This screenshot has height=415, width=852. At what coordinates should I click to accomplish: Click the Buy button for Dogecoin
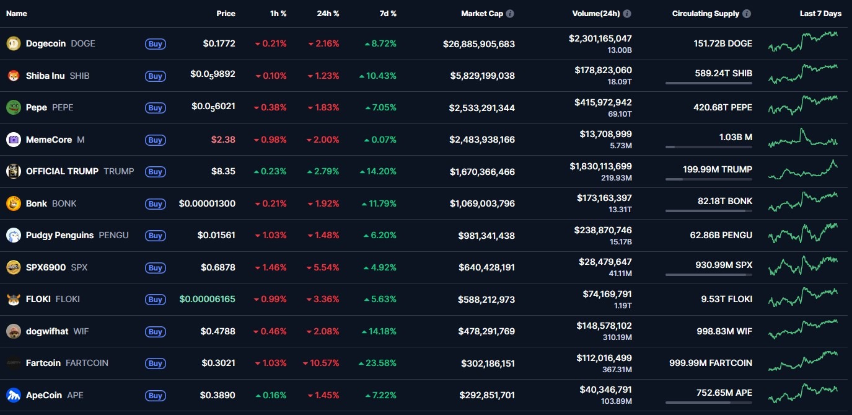[x=155, y=44]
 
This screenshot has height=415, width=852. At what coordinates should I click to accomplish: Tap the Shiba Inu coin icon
[x=13, y=76]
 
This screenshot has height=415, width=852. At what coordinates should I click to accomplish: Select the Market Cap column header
[x=482, y=14]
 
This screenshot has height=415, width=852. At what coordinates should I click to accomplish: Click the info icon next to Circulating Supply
[x=747, y=14]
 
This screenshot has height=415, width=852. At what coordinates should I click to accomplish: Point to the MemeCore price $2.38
[x=223, y=140]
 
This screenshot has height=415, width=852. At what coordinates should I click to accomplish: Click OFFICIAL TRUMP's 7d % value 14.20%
[x=380, y=172]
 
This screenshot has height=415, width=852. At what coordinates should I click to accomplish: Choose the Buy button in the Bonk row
[x=155, y=204]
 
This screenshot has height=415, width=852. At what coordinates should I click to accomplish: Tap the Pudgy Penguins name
[x=59, y=235]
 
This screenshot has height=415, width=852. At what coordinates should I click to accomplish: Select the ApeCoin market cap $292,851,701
[x=487, y=395]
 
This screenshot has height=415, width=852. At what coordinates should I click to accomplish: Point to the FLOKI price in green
[x=207, y=299]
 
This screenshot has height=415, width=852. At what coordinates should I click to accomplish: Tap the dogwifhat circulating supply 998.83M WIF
[x=724, y=331]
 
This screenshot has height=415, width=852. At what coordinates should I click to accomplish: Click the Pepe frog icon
[x=13, y=107]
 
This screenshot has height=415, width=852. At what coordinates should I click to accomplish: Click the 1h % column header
[x=278, y=14]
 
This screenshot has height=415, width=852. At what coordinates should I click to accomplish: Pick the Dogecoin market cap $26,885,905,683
[x=478, y=44]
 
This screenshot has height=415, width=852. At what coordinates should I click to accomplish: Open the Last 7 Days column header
[x=820, y=14]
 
